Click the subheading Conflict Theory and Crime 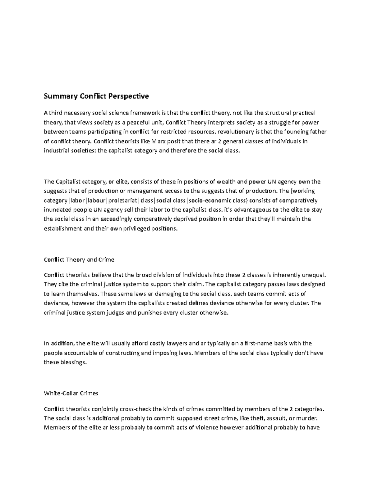[79, 259]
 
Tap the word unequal [314, 275]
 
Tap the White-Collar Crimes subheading [71, 393]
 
